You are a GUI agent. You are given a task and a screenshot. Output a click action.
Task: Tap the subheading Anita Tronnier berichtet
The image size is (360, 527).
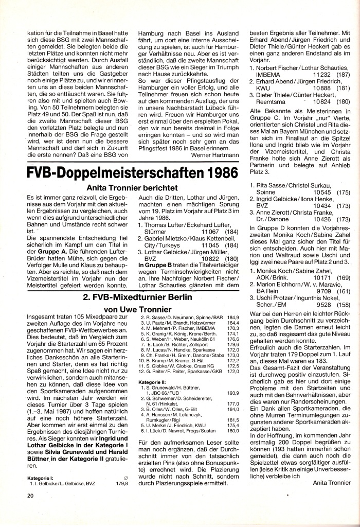(x=132, y=189)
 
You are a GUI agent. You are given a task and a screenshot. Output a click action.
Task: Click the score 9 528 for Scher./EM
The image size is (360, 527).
(x=311, y=305)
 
